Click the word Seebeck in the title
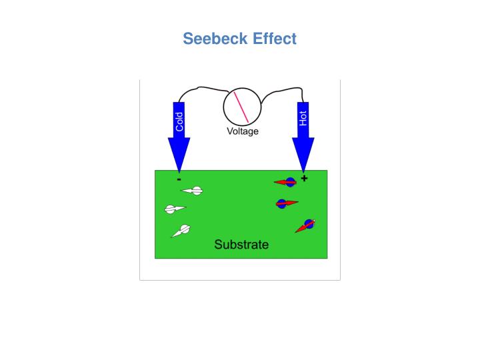point(215,39)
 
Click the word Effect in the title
point(275,39)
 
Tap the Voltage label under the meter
point(242,131)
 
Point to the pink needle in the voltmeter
point(241,107)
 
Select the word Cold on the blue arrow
point(179,121)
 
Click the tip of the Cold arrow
point(179,171)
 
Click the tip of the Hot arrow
point(303,171)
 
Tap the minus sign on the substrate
point(179,179)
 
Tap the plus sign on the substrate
point(305,179)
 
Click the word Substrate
point(241,245)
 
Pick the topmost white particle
point(194,191)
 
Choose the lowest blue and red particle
point(307,225)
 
